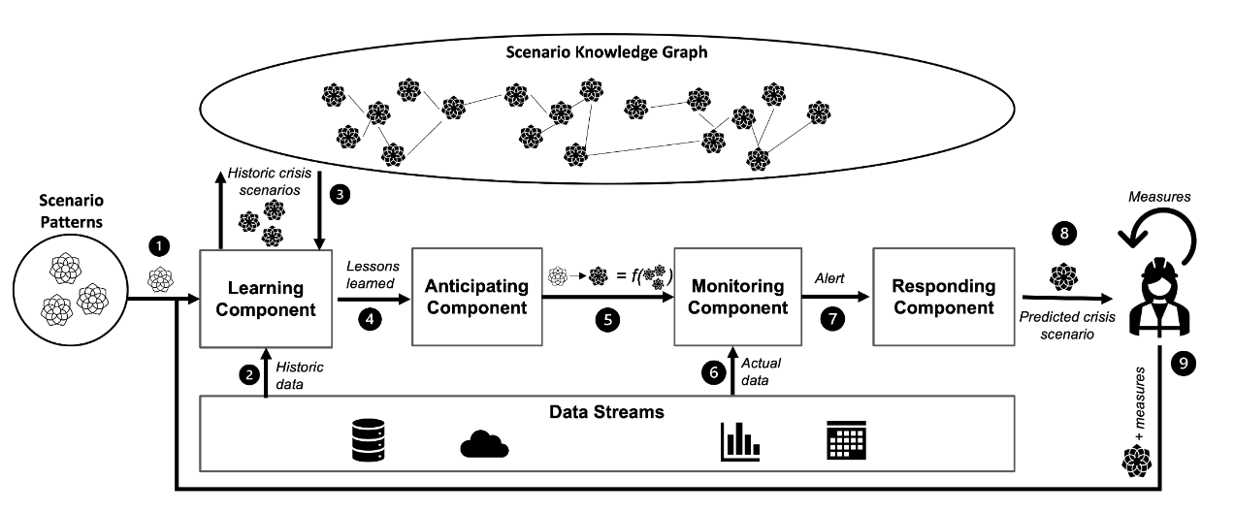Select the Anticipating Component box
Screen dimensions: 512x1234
tap(476, 297)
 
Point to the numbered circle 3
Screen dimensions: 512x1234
tap(340, 193)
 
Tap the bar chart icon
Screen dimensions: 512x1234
tap(739, 441)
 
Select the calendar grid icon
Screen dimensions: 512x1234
tap(845, 441)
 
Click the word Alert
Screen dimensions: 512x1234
tap(830, 276)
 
